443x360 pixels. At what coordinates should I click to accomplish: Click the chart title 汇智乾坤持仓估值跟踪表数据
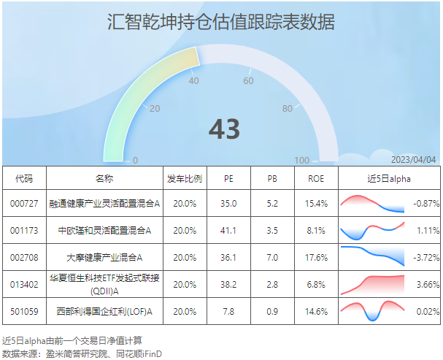tap(221, 21)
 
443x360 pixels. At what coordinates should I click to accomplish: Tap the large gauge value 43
tap(224, 129)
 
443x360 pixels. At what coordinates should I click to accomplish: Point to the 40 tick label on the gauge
tap(193, 81)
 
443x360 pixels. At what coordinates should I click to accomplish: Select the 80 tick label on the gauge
tap(288, 109)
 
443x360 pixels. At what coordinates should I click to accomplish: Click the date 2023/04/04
tap(414, 160)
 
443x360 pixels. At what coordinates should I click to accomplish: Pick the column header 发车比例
tap(185, 179)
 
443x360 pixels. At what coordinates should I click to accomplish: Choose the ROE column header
tap(316, 179)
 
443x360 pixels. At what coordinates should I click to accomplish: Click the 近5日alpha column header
tap(389, 179)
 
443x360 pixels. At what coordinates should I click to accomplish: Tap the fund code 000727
tap(24, 204)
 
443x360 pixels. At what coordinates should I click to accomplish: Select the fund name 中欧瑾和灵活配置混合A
tap(104, 231)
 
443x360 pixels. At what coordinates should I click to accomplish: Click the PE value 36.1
tap(228, 258)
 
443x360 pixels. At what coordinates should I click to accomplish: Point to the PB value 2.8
tap(272, 285)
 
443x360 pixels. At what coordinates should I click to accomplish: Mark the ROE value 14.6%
tap(316, 312)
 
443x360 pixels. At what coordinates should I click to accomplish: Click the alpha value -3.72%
tap(426, 258)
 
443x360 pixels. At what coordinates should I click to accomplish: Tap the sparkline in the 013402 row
tap(373, 285)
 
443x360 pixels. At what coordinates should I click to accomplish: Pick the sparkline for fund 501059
tap(373, 311)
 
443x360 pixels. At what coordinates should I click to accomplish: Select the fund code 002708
tap(24, 258)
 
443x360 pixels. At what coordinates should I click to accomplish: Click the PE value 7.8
tap(228, 312)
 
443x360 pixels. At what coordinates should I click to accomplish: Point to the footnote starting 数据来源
tap(82, 353)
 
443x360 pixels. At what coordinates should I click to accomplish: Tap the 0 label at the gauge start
tap(135, 161)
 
